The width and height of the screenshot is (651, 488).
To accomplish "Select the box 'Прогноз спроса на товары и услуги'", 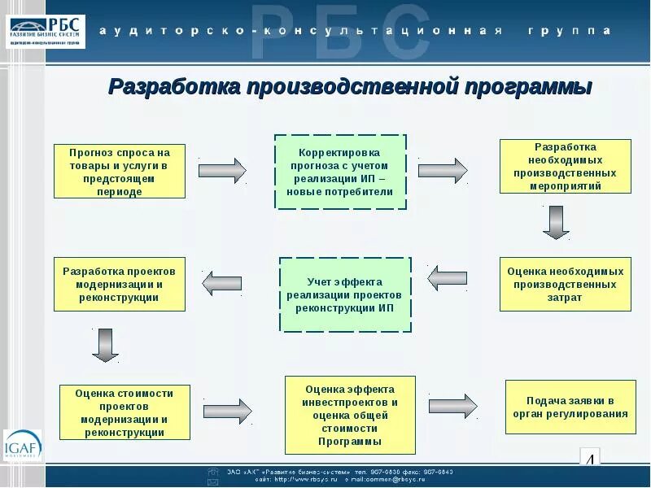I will [x=120, y=172].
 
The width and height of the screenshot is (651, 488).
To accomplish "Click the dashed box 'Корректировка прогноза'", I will [x=340, y=172].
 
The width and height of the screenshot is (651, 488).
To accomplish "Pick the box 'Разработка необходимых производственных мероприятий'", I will [x=565, y=167].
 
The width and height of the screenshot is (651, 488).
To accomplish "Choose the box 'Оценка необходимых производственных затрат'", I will [x=565, y=285].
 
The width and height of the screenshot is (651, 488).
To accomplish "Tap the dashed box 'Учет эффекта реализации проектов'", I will [x=345, y=294].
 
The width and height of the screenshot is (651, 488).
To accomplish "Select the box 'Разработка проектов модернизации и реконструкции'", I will [x=120, y=285].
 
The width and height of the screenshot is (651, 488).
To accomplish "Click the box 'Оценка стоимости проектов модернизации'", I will [x=125, y=412].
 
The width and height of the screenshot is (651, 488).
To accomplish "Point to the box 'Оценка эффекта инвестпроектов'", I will [x=350, y=415].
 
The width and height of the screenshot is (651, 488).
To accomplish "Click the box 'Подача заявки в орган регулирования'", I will [x=570, y=407].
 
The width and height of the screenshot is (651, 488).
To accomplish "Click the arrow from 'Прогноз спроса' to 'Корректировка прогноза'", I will [x=222, y=170].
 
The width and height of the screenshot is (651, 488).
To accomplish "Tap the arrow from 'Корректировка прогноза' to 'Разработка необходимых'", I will [x=443, y=170].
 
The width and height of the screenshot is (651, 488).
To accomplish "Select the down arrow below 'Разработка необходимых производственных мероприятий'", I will [x=557, y=221].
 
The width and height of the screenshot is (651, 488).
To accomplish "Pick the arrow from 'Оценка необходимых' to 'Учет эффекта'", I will [x=448, y=278].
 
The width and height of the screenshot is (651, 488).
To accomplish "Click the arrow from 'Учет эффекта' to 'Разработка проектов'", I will [x=221, y=283].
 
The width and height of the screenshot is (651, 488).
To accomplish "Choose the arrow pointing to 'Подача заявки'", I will [x=453, y=406].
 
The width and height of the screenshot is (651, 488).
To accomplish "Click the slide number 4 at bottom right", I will [x=590, y=460].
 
